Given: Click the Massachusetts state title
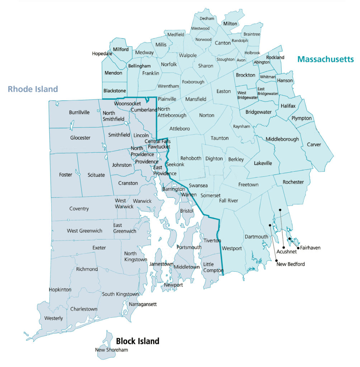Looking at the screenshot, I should (x=325, y=59).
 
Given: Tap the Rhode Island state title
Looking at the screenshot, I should (x=33, y=89).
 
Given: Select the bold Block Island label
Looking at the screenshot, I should (x=137, y=341).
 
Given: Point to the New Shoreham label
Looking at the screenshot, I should (x=112, y=350).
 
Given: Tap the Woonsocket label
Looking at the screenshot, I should (x=127, y=104).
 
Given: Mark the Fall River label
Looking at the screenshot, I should (x=228, y=201).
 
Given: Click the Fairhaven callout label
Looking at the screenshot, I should (x=310, y=248).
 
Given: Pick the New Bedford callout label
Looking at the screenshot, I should (x=290, y=264).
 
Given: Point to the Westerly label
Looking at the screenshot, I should (x=53, y=318).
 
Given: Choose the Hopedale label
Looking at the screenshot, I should (x=102, y=53).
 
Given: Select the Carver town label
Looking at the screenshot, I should (x=314, y=145).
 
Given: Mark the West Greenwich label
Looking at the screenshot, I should (x=85, y=231).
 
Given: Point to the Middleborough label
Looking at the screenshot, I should (x=282, y=139).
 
